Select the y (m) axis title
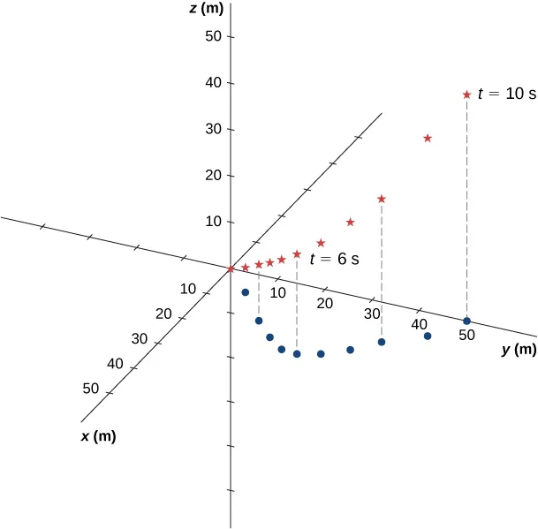(x=519, y=350)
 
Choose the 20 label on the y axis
(x=324, y=304)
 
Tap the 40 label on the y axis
(x=420, y=324)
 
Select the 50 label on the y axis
(x=466, y=336)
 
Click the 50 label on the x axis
(x=90, y=388)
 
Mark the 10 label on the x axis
(x=187, y=289)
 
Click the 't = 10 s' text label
(x=506, y=94)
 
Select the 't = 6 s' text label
(x=334, y=261)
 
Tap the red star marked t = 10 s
(x=466, y=94)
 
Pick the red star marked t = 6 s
(x=297, y=254)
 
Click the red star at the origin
(x=231, y=268)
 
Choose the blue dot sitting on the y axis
(x=466, y=321)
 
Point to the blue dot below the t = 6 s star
(x=297, y=354)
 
